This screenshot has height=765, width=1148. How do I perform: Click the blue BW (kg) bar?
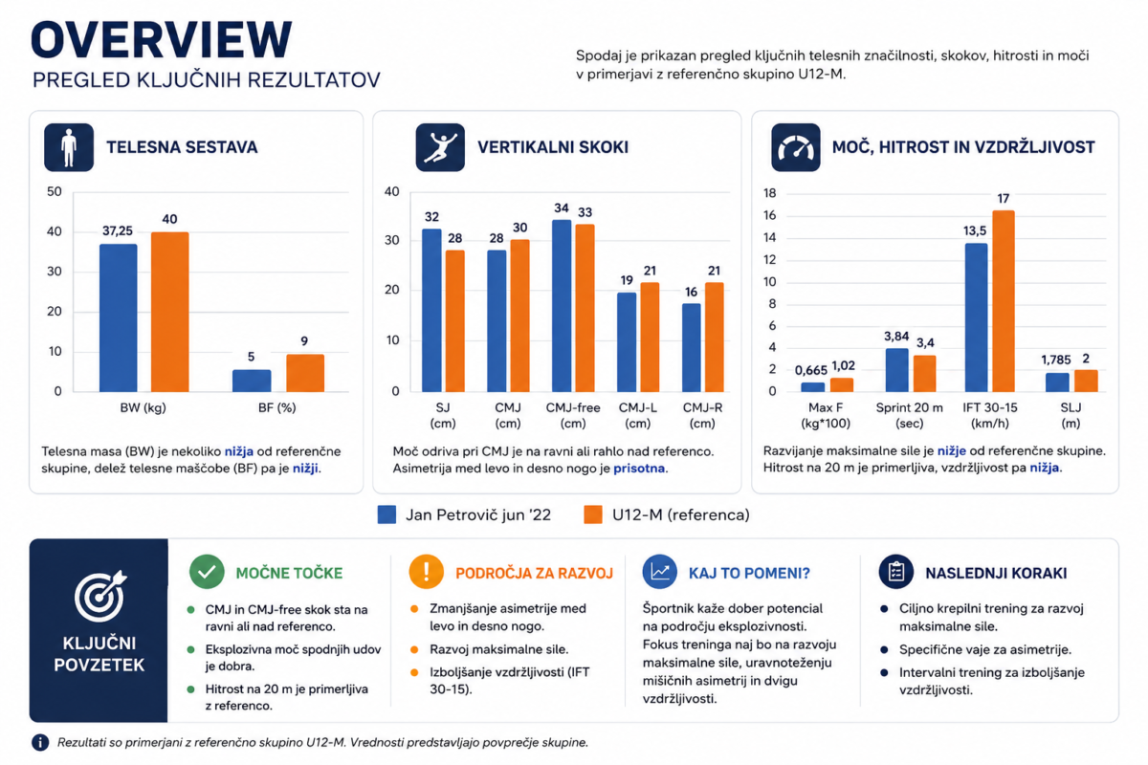coord(119,317)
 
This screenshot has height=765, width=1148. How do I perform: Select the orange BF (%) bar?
coord(305,373)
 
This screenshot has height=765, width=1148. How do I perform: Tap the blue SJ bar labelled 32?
coord(431,311)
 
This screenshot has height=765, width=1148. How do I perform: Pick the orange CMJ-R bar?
coord(715,338)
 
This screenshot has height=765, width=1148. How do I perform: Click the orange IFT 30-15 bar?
coord(1004,301)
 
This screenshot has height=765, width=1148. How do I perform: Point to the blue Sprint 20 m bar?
coord(897,370)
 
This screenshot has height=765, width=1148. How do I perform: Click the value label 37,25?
coord(118,231)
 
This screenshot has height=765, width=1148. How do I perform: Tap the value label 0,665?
coord(811,370)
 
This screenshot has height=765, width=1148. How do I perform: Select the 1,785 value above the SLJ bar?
coord(1056,360)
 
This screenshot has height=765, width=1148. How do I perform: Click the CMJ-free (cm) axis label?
coord(572,416)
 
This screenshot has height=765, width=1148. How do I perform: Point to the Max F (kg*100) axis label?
coord(825,416)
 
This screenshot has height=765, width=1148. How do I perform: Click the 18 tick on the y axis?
coord(770,193)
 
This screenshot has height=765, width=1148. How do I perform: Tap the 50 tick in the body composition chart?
coord(55,191)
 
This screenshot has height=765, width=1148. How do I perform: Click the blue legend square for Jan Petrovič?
coord(386,514)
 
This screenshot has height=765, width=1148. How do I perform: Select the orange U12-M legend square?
coord(593,514)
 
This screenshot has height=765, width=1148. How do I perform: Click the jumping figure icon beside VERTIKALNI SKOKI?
coord(440,147)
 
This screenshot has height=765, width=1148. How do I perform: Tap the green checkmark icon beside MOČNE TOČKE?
coord(207,572)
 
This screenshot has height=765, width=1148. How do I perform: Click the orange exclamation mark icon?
coord(427,572)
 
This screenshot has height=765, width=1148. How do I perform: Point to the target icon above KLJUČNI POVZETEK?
coord(99,596)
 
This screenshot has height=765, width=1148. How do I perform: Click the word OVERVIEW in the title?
coord(162,40)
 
